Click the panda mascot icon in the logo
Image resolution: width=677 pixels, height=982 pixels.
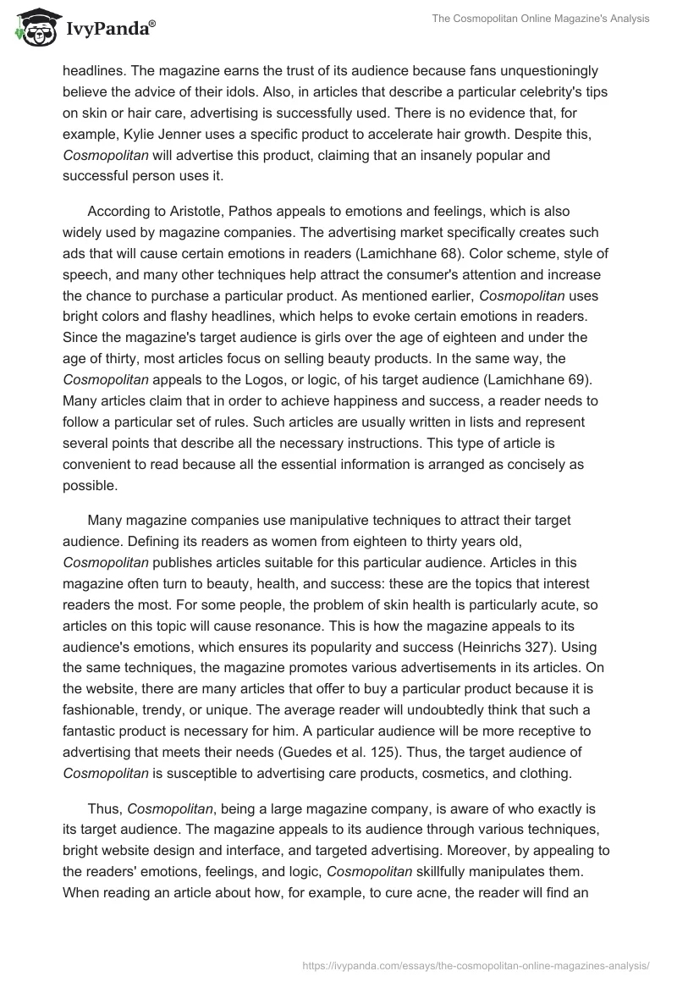(x=31, y=28)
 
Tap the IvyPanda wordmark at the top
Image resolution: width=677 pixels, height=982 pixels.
(x=107, y=29)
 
